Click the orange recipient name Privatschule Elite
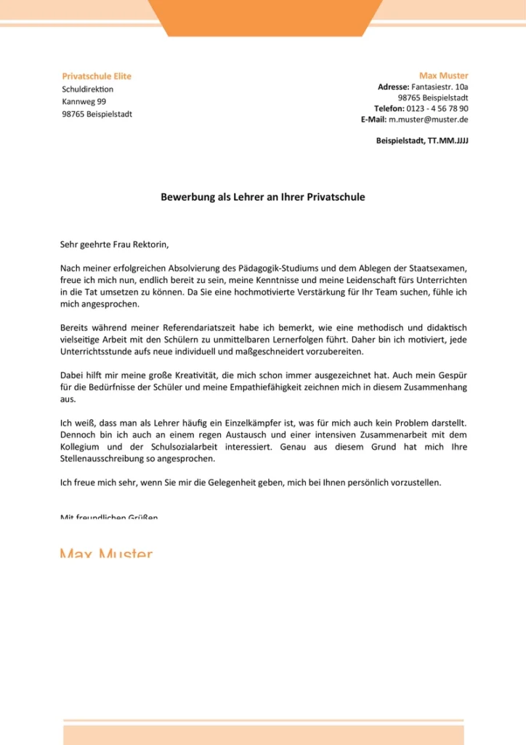pos(97,76)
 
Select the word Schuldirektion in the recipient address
pos(87,89)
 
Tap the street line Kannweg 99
pos(84,102)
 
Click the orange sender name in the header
pos(443,76)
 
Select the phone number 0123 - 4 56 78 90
pos(432,108)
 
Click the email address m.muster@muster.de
pos(428,119)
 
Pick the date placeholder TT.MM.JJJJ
pos(448,140)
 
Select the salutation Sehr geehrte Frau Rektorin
pos(118,244)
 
